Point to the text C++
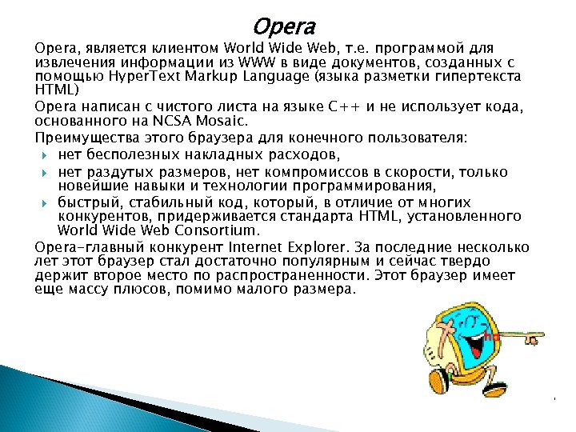pyautogui.click(x=346, y=107)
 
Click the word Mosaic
pyautogui.click(x=227, y=122)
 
